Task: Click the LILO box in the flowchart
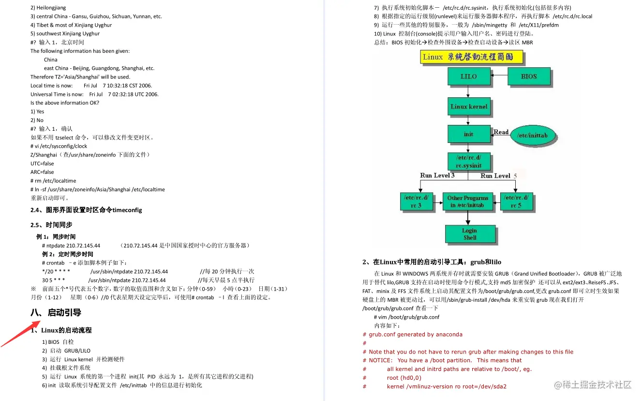click(468, 77)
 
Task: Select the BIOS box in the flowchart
click(528, 77)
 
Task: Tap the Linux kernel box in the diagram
click(468, 107)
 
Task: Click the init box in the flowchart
click(468, 134)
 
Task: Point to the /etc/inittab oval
click(532, 136)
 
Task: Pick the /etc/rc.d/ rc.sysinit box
click(468, 162)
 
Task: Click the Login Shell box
click(469, 234)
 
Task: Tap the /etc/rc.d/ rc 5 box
click(516, 201)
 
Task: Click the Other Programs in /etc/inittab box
click(468, 201)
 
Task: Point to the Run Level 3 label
click(437, 175)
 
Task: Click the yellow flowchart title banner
click(472, 57)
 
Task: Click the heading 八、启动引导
click(56, 312)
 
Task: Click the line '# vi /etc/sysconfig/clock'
click(59, 146)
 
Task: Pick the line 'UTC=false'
click(42, 164)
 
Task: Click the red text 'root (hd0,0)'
click(404, 378)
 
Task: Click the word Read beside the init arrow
click(501, 132)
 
